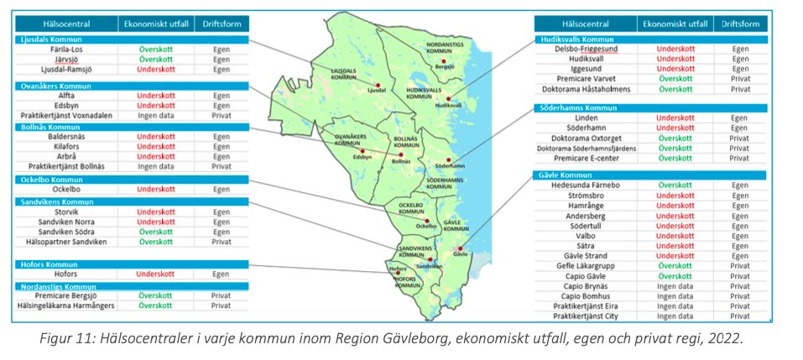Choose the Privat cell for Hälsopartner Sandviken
[x=222, y=242]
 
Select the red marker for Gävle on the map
[x=460, y=248]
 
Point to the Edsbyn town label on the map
[x=362, y=156]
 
